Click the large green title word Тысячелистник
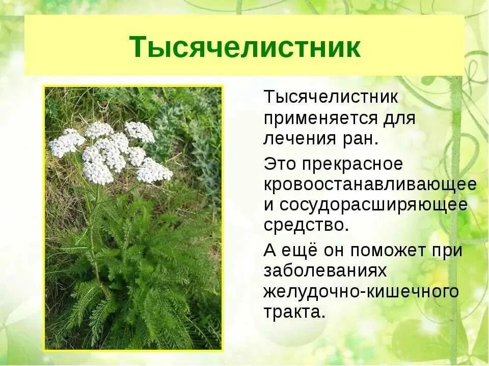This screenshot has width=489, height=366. click(244, 47)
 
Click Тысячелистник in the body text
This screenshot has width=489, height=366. click(331, 98)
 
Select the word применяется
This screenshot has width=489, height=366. click(319, 119)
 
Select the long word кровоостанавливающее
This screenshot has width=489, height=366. click(370, 184)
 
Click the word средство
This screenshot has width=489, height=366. click(306, 225)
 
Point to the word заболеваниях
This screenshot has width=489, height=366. click(325, 270)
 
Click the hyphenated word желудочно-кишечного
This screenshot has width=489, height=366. click(361, 292)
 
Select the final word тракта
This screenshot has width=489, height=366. click(294, 311)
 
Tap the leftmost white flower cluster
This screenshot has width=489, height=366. click(67, 142)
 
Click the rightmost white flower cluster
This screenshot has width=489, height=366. click(154, 171)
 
